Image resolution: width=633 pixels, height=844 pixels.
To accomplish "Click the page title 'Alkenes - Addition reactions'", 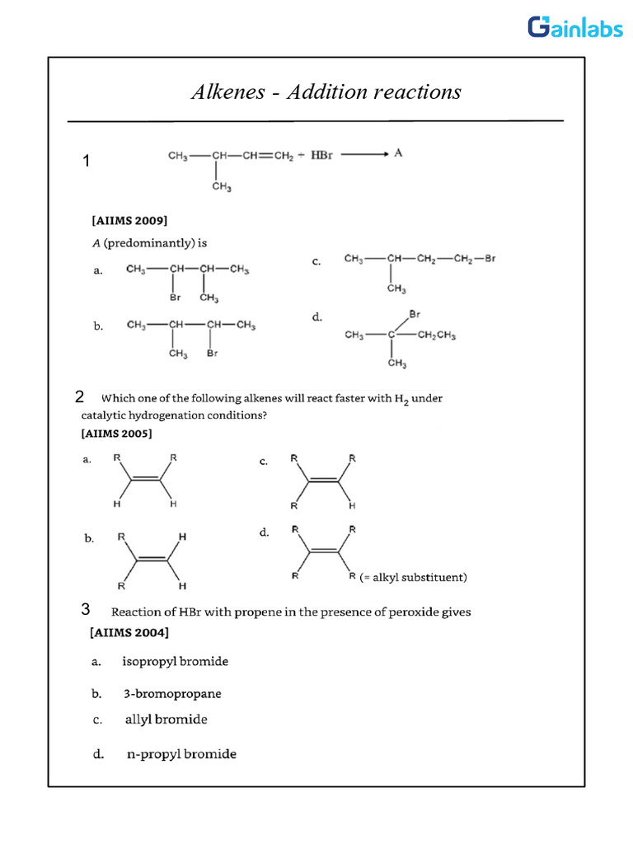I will (x=325, y=91).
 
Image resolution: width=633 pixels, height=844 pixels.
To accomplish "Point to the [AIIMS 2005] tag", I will (x=116, y=433).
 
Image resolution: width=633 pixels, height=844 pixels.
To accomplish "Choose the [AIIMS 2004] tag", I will (x=129, y=633).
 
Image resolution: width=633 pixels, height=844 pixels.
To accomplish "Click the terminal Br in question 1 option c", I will (x=490, y=259).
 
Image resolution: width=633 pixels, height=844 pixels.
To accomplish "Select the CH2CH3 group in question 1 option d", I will (x=437, y=335).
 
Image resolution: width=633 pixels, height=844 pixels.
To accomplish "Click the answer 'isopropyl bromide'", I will (x=175, y=661).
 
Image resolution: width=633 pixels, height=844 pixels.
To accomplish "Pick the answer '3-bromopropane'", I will (x=172, y=694).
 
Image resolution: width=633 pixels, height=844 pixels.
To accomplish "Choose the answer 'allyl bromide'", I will (x=166, y=720).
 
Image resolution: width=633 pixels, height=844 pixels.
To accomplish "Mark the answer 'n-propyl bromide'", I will (x=181, y=754).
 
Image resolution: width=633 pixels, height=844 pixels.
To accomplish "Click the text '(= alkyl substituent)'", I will (x=413, y=578).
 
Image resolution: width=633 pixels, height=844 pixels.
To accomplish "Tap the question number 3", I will (x=85, y=610).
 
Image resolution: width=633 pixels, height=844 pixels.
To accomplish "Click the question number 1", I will (x=87, y=162).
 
